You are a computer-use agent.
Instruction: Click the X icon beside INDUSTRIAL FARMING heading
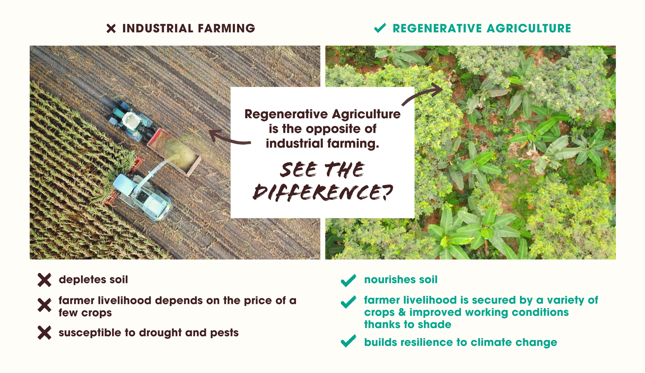(x=111, y=28)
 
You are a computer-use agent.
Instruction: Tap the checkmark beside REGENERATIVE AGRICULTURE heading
(x=380, y=28)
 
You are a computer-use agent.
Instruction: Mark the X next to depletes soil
(x=44, y=280)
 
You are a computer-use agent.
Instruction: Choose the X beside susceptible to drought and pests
(x=44, y=333)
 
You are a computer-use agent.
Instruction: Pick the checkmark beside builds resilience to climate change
(x=348, y=342)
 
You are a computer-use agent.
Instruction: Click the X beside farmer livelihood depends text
(x=44, y=305)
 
